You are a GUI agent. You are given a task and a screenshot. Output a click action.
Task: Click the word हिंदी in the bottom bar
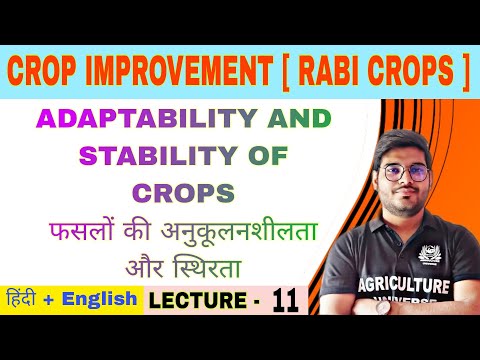(25, 300)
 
